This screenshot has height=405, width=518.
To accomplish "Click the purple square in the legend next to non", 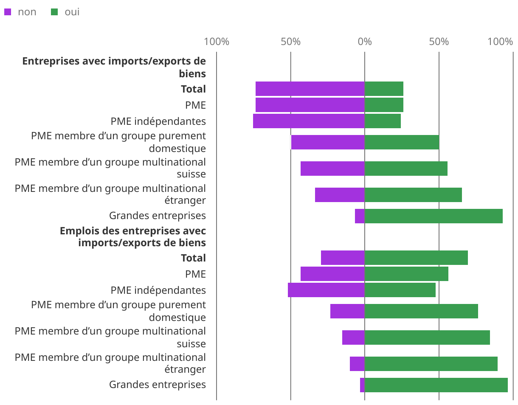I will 8,12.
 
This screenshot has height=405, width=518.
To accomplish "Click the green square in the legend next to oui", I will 54,12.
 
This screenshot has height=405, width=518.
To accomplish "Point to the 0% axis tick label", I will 365,42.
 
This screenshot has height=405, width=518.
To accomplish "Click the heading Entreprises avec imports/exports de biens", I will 114,67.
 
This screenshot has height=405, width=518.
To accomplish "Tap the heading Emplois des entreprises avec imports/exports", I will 132,236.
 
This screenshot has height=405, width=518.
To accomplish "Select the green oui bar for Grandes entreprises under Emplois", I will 436,385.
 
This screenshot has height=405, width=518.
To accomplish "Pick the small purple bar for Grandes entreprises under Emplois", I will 362,385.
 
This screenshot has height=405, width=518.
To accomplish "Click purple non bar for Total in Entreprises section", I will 310,89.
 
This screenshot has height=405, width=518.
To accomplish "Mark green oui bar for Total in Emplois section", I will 416,258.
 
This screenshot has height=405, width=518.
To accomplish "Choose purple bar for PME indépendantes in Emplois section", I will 326,290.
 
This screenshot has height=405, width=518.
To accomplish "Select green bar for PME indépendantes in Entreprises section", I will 383,121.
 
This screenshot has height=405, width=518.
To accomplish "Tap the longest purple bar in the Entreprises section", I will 309,121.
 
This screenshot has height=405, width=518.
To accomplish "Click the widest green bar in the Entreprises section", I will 434,216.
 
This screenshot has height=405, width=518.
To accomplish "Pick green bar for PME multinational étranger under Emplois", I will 431,364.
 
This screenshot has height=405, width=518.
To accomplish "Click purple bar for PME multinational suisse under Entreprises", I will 332,169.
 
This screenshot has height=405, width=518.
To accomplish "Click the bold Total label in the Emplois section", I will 193,258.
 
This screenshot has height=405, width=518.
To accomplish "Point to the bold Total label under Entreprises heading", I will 193,89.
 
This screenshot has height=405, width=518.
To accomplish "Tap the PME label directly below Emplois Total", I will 195,274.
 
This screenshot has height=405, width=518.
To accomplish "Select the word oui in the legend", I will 72,12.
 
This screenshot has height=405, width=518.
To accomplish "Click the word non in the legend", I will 27,12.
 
